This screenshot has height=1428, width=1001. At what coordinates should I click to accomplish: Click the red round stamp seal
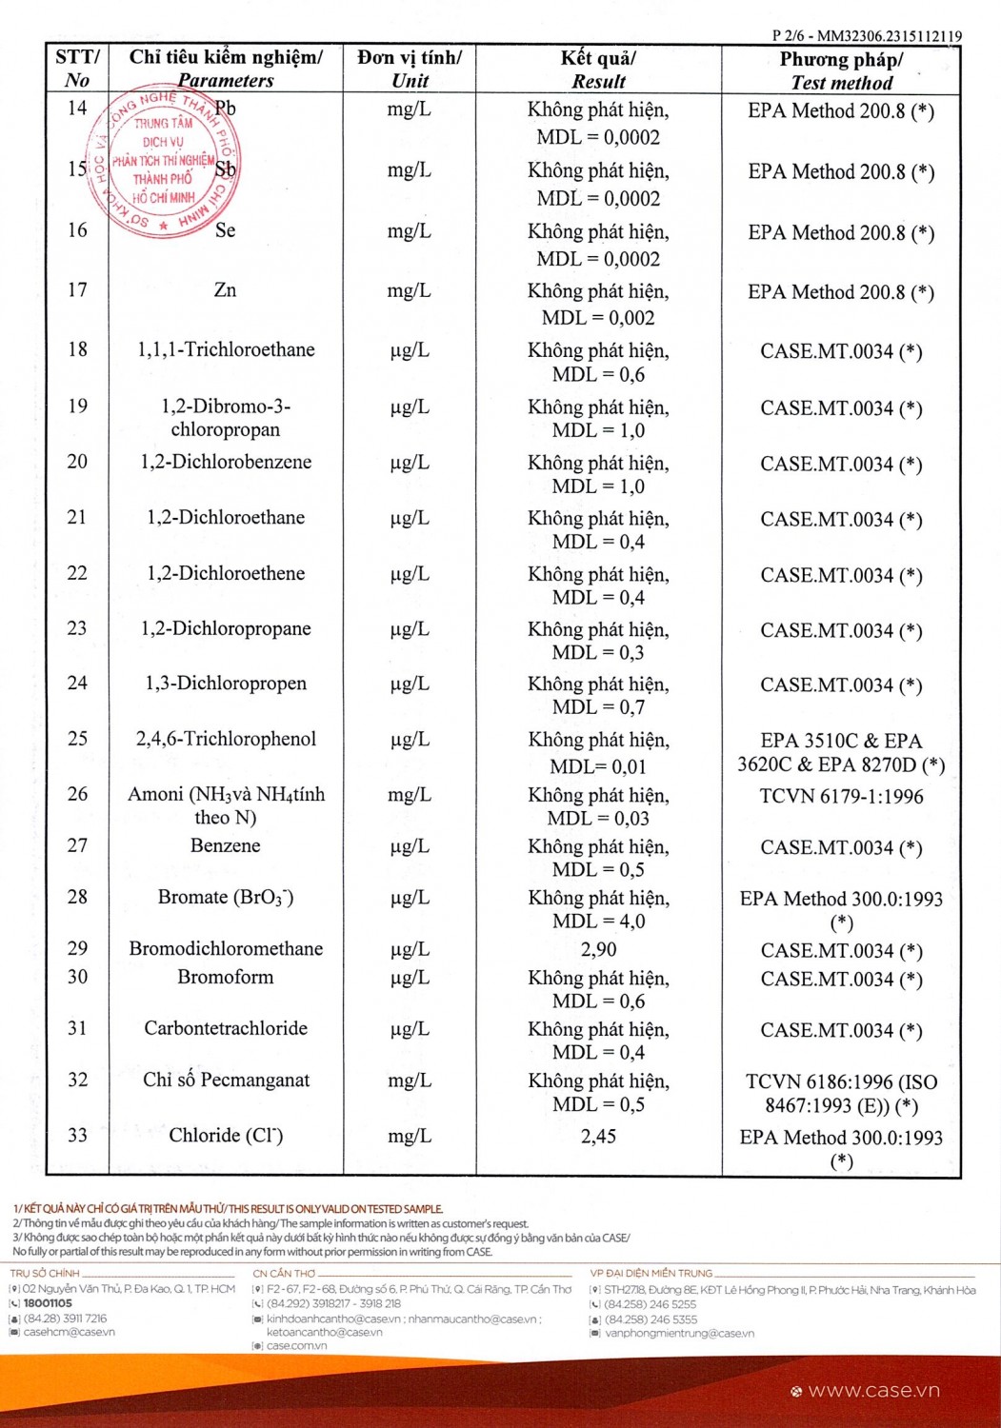163,164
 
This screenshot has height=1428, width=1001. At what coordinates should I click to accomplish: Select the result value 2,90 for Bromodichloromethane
598,949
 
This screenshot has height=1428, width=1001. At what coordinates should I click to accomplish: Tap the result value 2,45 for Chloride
598,1136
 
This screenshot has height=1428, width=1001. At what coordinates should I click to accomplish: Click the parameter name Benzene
225,845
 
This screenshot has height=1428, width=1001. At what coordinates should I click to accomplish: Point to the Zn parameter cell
225,290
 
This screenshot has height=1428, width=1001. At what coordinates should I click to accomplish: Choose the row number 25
77,739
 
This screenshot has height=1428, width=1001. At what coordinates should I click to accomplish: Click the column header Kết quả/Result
598,69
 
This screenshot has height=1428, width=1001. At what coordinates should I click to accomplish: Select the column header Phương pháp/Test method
841,70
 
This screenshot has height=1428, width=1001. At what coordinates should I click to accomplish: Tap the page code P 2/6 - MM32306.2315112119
866,36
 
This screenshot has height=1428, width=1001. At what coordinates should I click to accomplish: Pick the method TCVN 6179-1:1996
841,796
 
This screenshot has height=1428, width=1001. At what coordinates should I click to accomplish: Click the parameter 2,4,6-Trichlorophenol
226,739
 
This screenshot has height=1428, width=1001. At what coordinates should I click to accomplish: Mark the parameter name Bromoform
225,977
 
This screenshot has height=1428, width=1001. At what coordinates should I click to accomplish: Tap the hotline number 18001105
48,1303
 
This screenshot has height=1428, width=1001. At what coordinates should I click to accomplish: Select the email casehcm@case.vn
69,1332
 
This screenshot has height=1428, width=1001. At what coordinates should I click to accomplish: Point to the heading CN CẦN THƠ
284,1273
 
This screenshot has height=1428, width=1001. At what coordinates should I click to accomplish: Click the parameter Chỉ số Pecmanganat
226,1080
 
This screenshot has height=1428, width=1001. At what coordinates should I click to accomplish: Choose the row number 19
77,407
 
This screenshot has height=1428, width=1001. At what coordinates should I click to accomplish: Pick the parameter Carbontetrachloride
226,1028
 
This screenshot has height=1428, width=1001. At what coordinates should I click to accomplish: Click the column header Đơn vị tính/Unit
410,69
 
